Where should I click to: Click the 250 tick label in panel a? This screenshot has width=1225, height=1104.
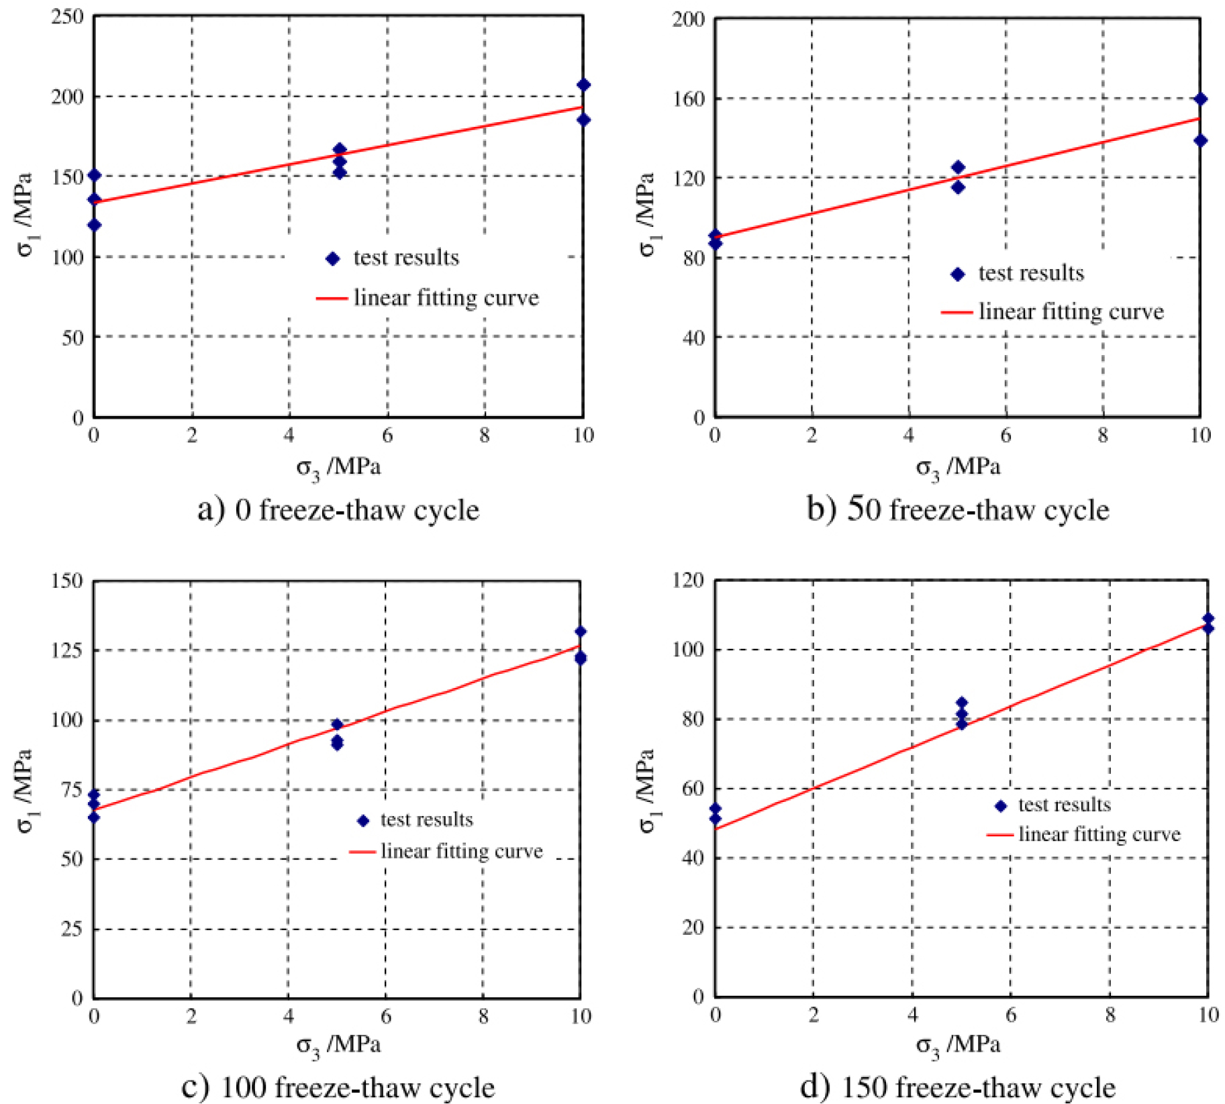(x=67, y=16)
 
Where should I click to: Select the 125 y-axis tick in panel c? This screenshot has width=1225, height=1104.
(x=67, y=650)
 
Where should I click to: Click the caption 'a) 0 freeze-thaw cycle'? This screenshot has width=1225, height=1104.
(x=338, y=510)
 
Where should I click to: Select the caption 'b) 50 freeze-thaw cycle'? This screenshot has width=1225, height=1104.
(x=958, y=509)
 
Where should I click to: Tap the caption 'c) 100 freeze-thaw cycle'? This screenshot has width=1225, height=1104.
(x=338, y=1087)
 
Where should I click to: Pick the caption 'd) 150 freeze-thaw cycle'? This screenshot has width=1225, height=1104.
(x=958, y=1087)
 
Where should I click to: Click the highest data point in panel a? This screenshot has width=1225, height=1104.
(x=583, y=85)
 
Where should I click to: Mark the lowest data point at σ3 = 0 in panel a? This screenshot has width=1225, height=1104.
(x=94, y=225)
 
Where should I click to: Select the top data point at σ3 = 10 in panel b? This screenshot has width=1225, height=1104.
(x=1201, y=99)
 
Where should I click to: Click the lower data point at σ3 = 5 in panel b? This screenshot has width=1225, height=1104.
(x=958, y=187)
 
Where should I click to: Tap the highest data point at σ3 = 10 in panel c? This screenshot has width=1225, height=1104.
(x=580, y=632)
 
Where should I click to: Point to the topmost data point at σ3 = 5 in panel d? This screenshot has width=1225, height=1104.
(x=961, y=703)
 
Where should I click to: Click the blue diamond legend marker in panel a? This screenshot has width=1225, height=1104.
(x=332, y=258)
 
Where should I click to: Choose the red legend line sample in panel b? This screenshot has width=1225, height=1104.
(x=957, y=312)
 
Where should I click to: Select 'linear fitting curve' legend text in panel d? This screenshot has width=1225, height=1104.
(x=1099, y=834)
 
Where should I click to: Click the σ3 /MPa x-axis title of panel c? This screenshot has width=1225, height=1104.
(x=338, y=1045)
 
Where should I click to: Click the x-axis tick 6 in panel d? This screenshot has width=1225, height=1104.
(x=1011, y=1015)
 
